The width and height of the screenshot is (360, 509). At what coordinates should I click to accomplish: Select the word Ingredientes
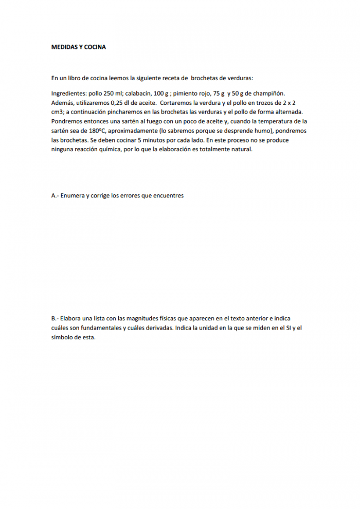(x=69, y=94)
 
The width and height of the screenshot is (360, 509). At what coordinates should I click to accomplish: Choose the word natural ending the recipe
(x=242, y=149)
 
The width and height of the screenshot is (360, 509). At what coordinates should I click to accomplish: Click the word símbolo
(x=62, y=337)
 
